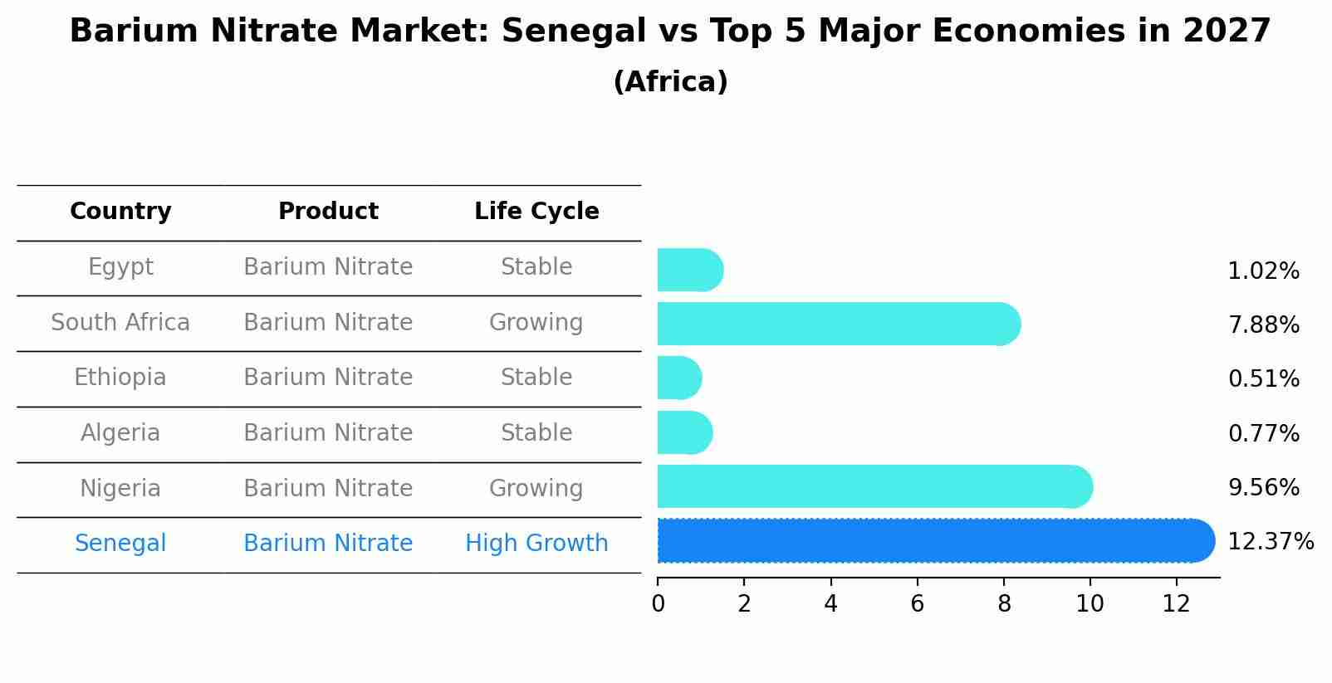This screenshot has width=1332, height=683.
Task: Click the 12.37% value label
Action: pos(1271,542)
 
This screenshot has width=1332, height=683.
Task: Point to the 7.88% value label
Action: pos(1263,325)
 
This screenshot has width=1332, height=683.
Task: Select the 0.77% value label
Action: pos(1263,434)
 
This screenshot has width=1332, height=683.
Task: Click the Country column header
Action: pos(120,212)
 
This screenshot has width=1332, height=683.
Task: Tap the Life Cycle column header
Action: pos(536,212)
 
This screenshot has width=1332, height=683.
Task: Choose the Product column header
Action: pos(328,212)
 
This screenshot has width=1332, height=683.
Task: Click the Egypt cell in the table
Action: pos(120,267)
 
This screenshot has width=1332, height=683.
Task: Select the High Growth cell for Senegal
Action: pos(536,544)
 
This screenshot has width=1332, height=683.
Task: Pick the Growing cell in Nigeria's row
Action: pos(536,488)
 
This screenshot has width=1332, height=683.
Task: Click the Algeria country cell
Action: pos(120,433)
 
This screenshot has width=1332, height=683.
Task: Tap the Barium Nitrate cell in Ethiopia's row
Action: pos(328,378)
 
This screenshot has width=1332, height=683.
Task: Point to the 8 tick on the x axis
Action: pos(1004,604)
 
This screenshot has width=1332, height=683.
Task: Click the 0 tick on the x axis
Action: pos(659,604)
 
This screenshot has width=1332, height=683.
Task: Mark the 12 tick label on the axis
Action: pos(1177,604)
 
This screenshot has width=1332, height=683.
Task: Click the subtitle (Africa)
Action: pos(670,82)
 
